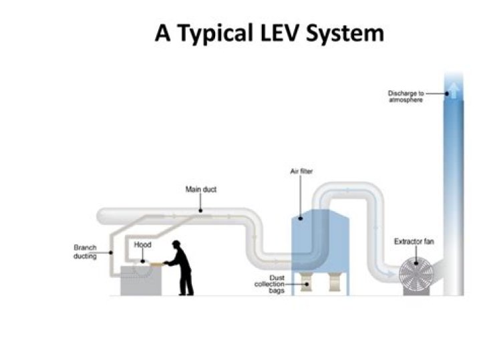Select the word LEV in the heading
(x=289, y=32)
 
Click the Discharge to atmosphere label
(x=406, y=97)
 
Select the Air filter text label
(x=301, y=172)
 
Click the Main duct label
(x=200, y=190)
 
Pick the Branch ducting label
(x=85, y=252)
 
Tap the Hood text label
(x=142, y=245)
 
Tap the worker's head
(x=177, y=246)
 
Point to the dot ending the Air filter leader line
(x=301, y=218)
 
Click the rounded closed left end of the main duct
(x=102, y=215)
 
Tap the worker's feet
(x=186, y=293)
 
